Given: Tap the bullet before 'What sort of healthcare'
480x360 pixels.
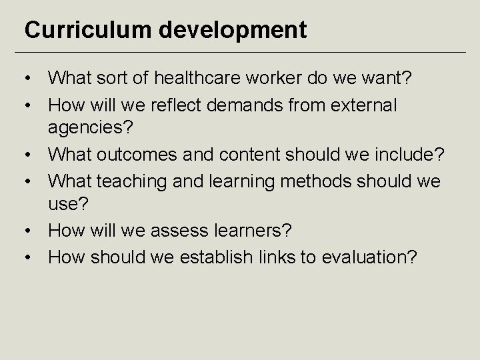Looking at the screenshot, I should coord(30,79).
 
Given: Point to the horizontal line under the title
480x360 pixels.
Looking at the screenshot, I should coord(240,52).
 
